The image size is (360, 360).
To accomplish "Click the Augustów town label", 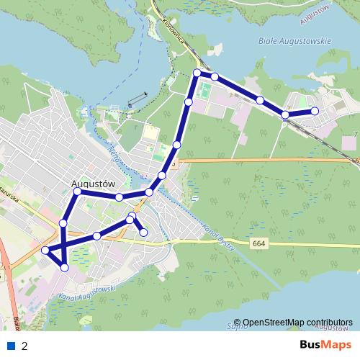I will (x=94, y=183).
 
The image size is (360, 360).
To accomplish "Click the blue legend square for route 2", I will (x=11, y=346).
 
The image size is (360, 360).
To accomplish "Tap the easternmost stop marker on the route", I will (x=315, y=111).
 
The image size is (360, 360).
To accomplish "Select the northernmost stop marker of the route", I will (x=197, y=73).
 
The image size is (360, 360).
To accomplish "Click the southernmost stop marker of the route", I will (x=65, y=267).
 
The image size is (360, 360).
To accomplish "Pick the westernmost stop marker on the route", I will (x=45, y=250).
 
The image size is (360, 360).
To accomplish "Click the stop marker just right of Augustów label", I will (x=120, y=197).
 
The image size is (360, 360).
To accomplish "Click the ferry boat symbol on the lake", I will (x=137, y=99).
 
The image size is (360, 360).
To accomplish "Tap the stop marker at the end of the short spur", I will (x=144, y=232).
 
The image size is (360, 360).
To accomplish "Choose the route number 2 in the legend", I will (x=24, y=346).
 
